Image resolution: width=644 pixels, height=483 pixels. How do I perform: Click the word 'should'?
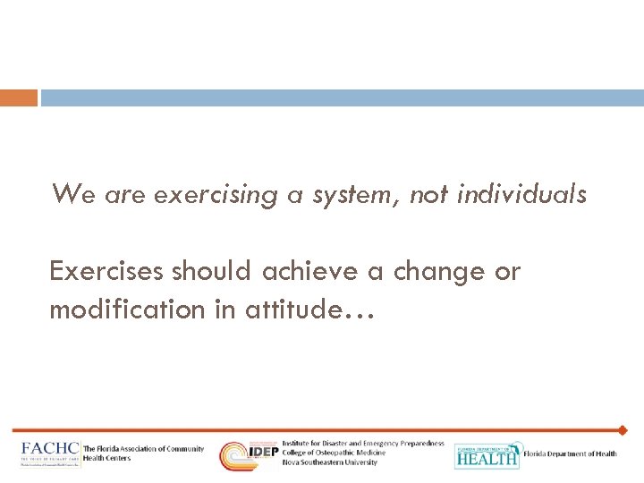tap(213, 272)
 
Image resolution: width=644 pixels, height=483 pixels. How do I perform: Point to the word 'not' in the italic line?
tap(429, 194)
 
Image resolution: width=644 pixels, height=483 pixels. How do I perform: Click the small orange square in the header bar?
tap(19, 97)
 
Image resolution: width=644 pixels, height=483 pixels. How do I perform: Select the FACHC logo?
tap(50, 454)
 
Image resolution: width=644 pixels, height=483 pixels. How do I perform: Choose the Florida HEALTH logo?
tap(487, 455)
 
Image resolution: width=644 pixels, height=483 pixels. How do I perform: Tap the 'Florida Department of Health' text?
tap(571, 454)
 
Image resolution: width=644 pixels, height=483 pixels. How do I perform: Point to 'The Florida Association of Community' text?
tap(143, 449)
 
